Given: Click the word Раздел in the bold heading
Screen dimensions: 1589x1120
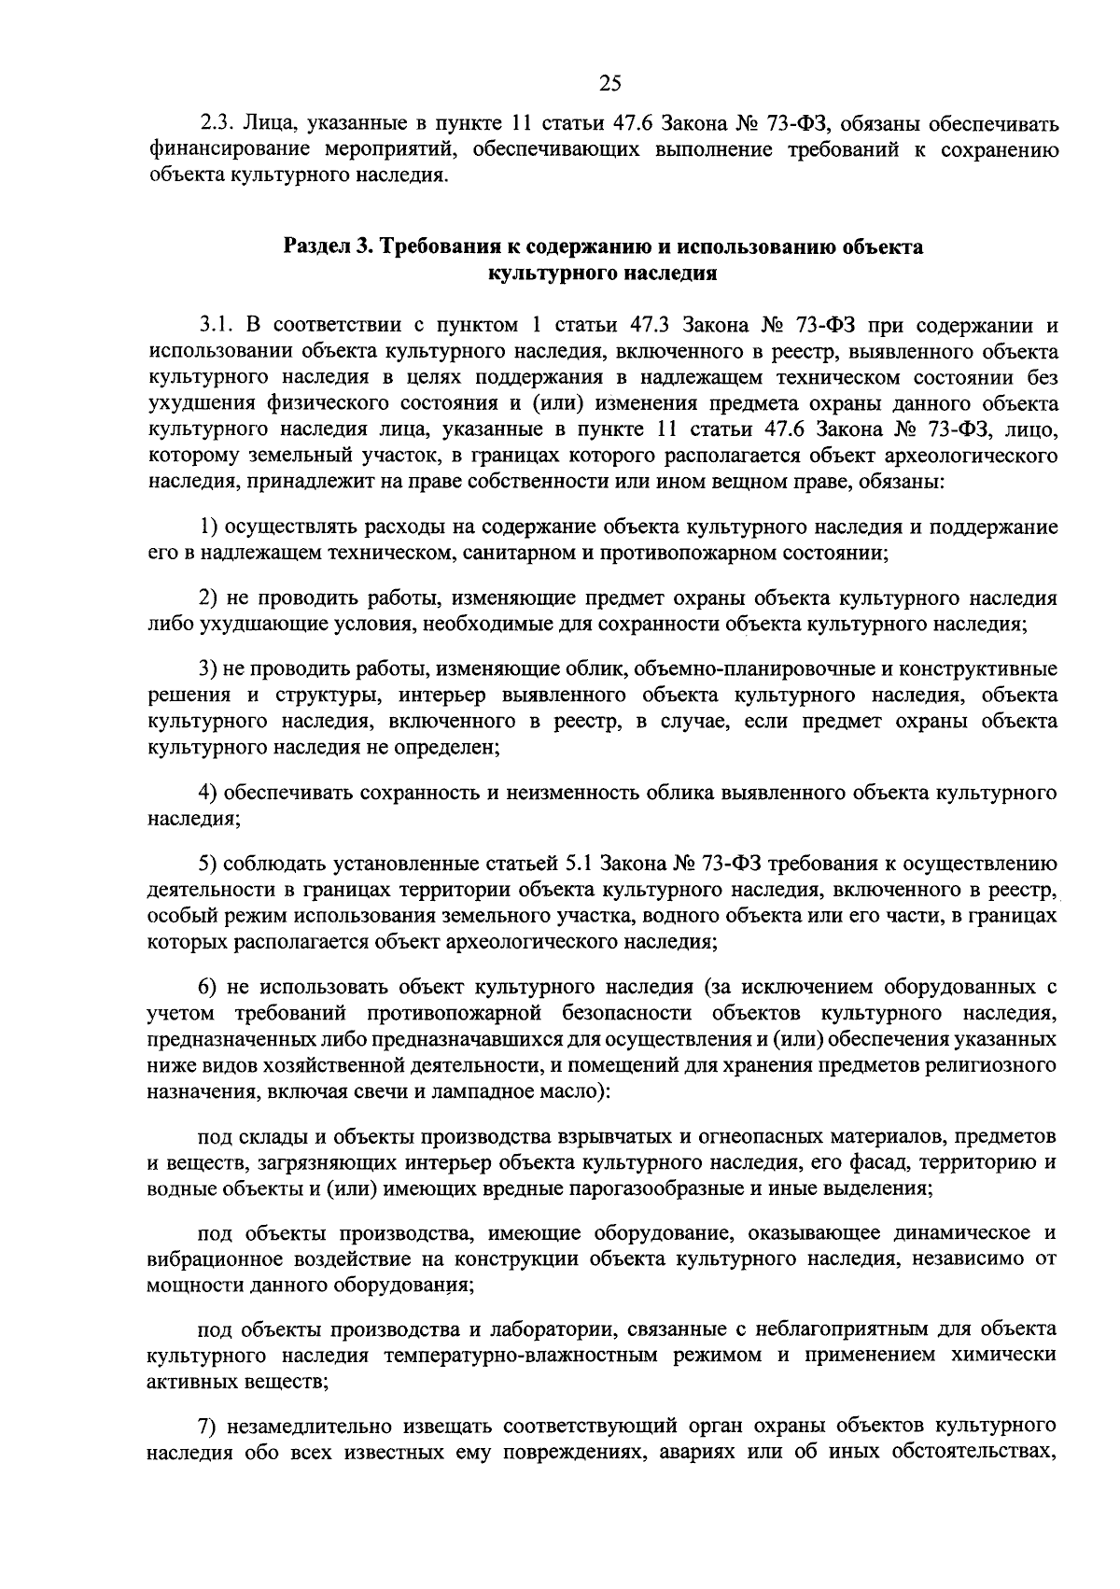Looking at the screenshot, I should click(315, 247).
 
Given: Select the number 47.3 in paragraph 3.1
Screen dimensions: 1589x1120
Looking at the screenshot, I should click(651, 325).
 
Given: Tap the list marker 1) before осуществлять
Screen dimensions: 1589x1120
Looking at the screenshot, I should click(208, 527).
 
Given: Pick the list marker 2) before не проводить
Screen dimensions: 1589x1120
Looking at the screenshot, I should click(209, 598).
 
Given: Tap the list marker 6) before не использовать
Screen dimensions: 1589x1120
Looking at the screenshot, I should click(209, 987).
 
